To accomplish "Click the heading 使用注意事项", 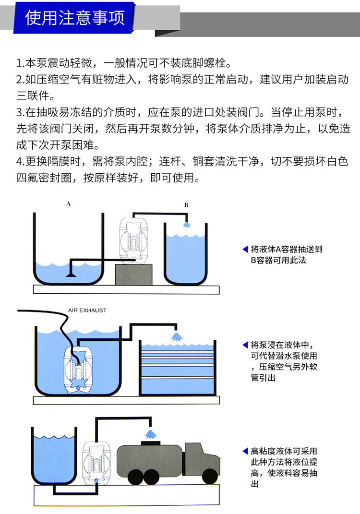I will [75, 18].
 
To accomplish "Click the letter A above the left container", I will [69, 203].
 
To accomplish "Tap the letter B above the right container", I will [186, 205].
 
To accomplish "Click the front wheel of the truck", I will [210, 475].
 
